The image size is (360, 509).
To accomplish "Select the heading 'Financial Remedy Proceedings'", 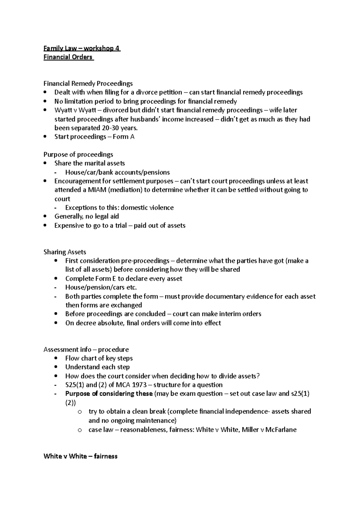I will [88, 83].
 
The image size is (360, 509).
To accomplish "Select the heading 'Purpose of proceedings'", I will [78, 154].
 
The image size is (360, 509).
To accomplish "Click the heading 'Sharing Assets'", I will [65, 252].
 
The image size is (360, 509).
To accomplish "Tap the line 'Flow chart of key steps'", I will [99, 358].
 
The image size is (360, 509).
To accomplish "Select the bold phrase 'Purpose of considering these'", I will [109, 394].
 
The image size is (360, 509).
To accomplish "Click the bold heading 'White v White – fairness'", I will [80, 456].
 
